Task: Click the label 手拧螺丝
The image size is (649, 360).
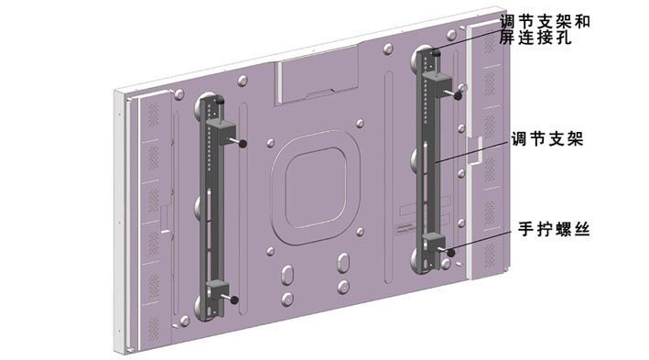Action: coord(554,228)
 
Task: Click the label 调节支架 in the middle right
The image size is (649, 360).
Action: coord(547,139)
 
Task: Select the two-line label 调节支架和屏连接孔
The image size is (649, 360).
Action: coord(545,29)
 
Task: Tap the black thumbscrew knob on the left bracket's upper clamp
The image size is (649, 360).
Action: coord(243,144)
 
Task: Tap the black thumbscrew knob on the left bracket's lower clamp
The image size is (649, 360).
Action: coord(234,300)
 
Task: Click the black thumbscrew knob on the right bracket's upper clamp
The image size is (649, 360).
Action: coord(459,95)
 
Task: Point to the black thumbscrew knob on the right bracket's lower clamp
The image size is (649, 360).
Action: coord(451,252)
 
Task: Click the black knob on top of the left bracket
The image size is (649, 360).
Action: coord(221,100)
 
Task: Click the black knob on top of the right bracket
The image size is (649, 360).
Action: coord(435,52)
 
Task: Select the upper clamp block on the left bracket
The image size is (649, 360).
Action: coord(221,133)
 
